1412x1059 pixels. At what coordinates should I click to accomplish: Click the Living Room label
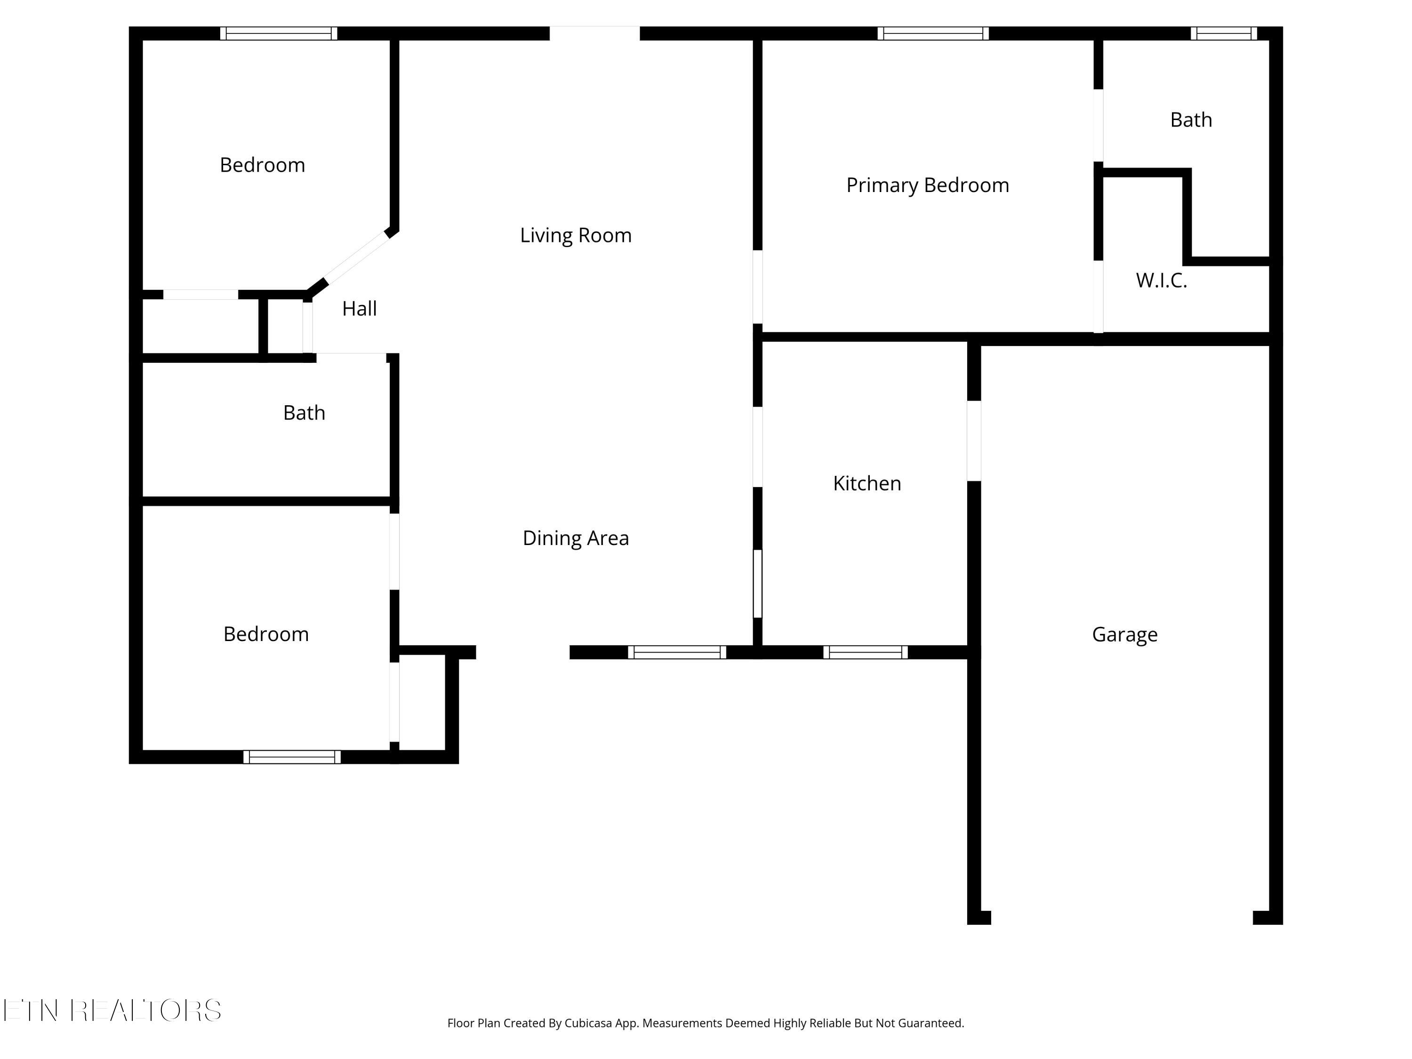click(576, 235)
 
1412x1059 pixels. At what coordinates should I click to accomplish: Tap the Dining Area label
click(576, 538)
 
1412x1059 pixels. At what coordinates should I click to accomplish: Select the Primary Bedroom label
click(928, 185)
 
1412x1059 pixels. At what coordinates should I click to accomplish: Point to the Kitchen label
click(867, 483)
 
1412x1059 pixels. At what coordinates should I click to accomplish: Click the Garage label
click(1125, 634)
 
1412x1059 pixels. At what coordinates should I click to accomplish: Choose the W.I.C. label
click(1162, 280)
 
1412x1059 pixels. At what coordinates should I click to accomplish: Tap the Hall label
click(360, 309)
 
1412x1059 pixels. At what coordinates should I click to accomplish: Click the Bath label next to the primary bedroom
click(1191, 120)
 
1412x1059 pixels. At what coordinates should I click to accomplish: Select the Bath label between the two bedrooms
click(304, 413)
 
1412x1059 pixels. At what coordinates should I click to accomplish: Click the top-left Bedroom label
click(262, 165)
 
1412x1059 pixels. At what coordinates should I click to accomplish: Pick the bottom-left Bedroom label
click(266, 634)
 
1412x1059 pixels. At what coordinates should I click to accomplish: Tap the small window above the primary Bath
click(1224, 34)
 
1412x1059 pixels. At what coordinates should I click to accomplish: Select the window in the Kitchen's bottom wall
click(866, 652)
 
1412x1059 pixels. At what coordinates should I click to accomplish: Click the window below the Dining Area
click(677, 652)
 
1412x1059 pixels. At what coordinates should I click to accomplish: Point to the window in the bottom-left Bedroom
click(292, 757)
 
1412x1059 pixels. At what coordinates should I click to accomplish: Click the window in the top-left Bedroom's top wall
click(279, 34)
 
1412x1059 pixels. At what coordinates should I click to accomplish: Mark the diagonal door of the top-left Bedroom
click(357, 258)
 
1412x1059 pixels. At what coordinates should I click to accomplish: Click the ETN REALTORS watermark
click(112, 1011)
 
